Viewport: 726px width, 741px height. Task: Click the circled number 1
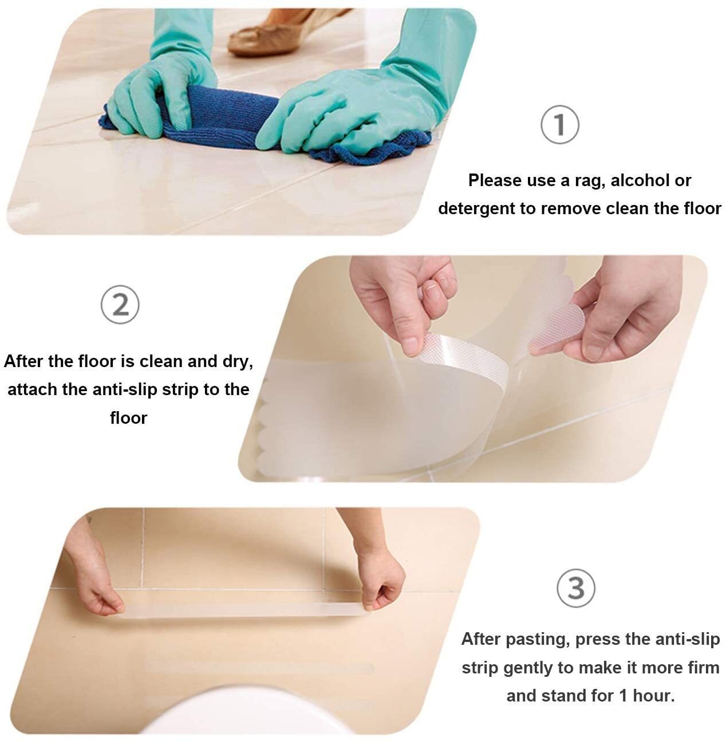(x=559, y=125)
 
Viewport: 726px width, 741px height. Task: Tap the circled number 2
(x=120, y=305)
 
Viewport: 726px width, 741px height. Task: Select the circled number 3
(x=575, y=588)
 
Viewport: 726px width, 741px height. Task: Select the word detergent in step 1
(x=476, y=208)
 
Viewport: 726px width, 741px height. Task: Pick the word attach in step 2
(x=32, y=389)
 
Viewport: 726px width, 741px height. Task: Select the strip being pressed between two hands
(x=240, y=608)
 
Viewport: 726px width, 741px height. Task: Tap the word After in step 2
(x=22, y=362)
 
